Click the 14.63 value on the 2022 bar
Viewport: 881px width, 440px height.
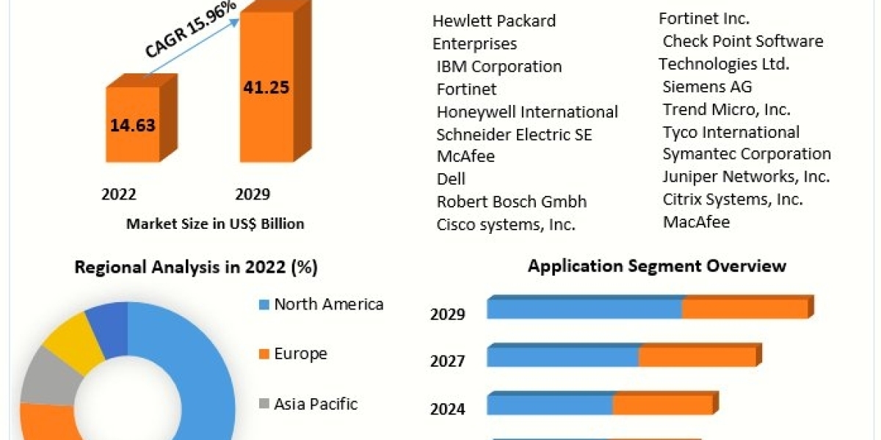(x=133, y=125)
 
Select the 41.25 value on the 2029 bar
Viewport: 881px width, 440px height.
(x=266, y=87)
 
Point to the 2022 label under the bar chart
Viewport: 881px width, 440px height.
(x=118, y=194)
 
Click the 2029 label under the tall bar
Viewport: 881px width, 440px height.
(x=252, y=194)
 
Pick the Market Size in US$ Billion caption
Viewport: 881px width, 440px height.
(x=215, y=224)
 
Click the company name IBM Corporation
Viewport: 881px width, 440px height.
(x=499, y=66)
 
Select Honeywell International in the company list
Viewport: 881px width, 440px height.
(x=527, y=111)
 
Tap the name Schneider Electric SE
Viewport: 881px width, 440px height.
(x=514, y=134)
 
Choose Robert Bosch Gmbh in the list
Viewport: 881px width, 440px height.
(x=512, y=202)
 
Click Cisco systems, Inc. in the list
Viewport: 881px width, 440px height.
(x=506, y=224)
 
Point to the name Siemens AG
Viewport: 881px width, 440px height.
(x=707, y=87)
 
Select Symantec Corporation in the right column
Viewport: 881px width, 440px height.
(x=747, y=154)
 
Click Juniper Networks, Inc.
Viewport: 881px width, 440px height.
(x=746, y=177)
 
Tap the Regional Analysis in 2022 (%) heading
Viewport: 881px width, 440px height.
(x=196, y=268)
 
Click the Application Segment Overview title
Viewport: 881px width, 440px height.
(x=657, y=265)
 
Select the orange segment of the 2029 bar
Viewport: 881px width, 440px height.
(x=745, y=309)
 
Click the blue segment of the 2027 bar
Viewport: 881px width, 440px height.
(x=563, y=357)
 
